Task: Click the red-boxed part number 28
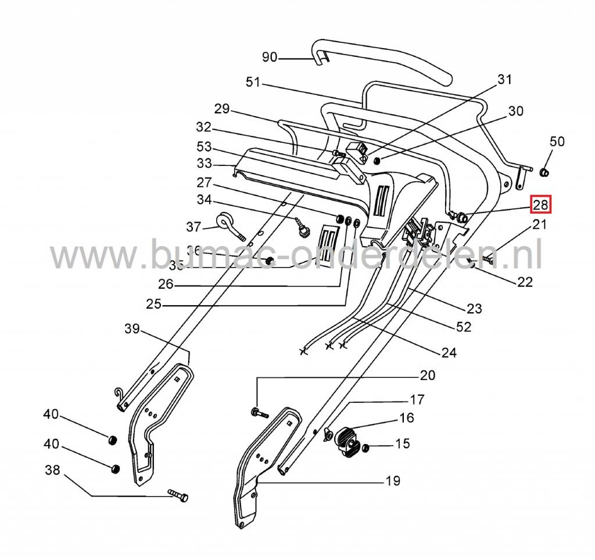click(x=540, y=205)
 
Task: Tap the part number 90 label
click(x=270, y=57)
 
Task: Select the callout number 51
click(x=253, y=82)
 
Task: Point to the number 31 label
click(x=504, y=80)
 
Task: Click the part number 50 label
click(x=557, y=142)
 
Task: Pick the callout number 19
click(x=392, y=480)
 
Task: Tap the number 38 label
click(x=52, y=471)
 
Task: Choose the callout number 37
click(x=193, y=226)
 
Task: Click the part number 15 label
click(x=402, y=444)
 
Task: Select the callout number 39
click(x=132, y=329)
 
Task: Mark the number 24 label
click(x=449, y=352)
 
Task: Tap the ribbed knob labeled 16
click(x=347, y=440)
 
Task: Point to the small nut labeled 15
click(x=366, y=449)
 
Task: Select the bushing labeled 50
click(x=544, y=172)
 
